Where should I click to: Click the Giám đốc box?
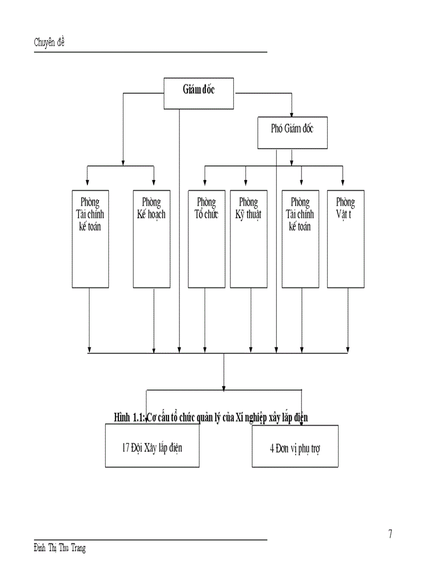199,94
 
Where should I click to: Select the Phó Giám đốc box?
292,132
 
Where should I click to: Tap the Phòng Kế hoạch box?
151,239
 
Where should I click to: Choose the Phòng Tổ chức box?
206,239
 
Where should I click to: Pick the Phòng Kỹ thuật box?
249,239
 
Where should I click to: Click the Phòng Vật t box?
345,239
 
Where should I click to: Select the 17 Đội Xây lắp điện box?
152,446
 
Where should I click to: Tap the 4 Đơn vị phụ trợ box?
295,446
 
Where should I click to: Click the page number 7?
390,534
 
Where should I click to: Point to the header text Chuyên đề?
49,43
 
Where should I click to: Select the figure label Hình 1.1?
129,417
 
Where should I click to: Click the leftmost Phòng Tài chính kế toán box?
91,239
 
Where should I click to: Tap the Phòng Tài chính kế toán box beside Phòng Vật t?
300,239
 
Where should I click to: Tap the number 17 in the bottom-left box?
126,448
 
